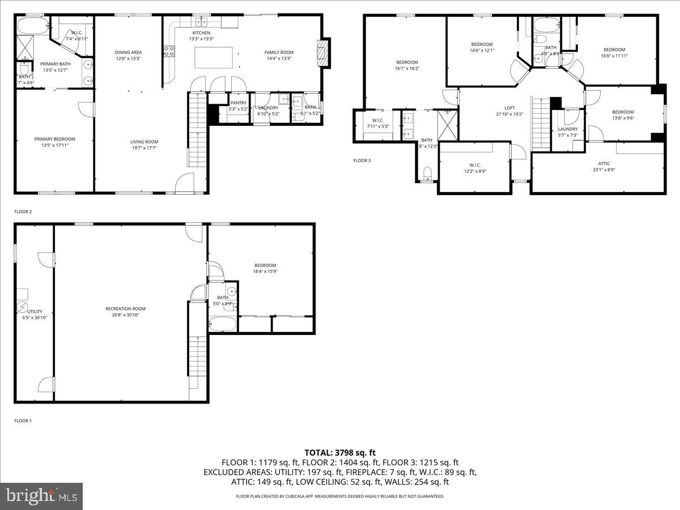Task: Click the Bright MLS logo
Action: pyautogui.click(x=41, y=496)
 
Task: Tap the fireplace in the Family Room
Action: pyautogui.click(x=322, y=53)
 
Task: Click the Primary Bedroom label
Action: pyautogui.click(x=54, y=139)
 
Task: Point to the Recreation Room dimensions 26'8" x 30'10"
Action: pyautogui.click(x=125, y=315)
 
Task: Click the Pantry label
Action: pyautogui.click(x=238, y=103)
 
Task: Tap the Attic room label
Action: pyautogui.click(x=604, y=163)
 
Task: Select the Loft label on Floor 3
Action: pyautogui.click(x=510, y=108)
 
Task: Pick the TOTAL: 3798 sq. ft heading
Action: pyautogui.click(x=340, y=452)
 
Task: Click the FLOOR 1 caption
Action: pyautogui.click(x=23, y=421)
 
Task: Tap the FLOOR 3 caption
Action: pyautogui.click(x=362, y=160)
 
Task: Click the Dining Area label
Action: pyautogui.click(x=128, y=52)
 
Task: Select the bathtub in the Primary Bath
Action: pyautogui.click(x=33, y=26)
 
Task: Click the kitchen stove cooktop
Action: pyautogui.click(x=169, y=52)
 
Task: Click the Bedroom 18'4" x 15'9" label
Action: pyautogui.click(x=265, y=265)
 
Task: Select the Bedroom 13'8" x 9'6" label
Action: pyautogui.click(x=623, y=112)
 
